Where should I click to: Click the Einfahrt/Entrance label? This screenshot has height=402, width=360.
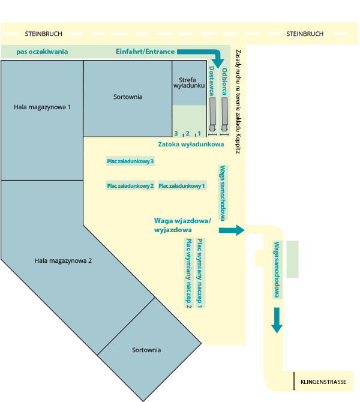tap(145, 52)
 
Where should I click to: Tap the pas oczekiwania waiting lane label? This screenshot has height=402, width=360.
tap(42, 52)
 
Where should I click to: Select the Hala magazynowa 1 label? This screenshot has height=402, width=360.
tap(42, 107)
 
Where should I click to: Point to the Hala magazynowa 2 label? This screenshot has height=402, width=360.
tap(63, 261)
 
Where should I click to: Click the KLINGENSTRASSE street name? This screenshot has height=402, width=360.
tap(323, 382)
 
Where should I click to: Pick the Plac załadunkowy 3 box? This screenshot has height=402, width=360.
tap(130, 161)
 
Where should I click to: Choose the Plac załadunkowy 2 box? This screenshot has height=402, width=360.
tap(130, 185)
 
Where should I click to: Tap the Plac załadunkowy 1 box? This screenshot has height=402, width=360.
tap(182, 185)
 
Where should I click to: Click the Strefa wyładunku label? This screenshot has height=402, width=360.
tap(189, 83)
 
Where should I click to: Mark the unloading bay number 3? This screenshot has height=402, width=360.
tap(176, 133)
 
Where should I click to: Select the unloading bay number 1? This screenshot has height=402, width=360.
tap(199, 133)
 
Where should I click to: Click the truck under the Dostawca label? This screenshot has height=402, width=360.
tap(212, 115)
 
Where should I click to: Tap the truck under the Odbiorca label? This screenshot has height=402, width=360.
tap(224, 115)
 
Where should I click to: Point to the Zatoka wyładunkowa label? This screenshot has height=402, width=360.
tap(191, 145)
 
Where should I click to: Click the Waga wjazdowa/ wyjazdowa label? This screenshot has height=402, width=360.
tap(182, 225)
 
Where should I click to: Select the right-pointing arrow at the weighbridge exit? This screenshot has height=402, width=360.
tap(232, 230)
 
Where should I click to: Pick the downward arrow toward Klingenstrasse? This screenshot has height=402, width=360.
tap(277, 320)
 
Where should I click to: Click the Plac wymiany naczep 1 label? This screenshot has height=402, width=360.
tap(199, 273)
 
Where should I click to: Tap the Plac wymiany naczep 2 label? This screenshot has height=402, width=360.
tap(188, 273)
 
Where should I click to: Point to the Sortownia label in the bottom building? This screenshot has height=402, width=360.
tap(146, 350)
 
